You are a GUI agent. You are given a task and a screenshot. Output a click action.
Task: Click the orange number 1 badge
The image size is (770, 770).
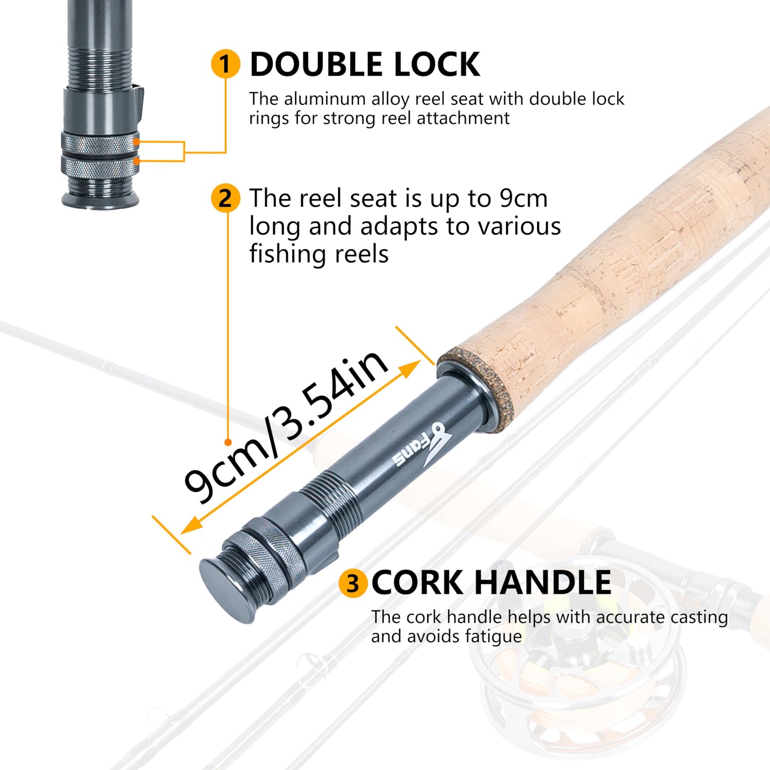[225, 64]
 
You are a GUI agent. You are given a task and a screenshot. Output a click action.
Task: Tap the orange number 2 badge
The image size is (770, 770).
[225, 199]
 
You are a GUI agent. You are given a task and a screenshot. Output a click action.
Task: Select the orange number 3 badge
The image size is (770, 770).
[353, 583]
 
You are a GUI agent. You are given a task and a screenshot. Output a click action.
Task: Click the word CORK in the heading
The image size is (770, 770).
[417, 582]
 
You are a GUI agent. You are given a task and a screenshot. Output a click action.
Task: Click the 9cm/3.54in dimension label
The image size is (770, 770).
[286, 426]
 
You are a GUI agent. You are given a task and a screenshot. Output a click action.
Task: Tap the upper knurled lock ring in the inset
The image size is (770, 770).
[100, 142]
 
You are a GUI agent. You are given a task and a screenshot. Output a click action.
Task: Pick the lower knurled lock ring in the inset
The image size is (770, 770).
[100, 167]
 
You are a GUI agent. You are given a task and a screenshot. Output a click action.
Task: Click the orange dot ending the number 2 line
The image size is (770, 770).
[228, 442]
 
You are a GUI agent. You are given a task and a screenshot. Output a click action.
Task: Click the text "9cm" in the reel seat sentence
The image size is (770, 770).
[523, 198]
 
